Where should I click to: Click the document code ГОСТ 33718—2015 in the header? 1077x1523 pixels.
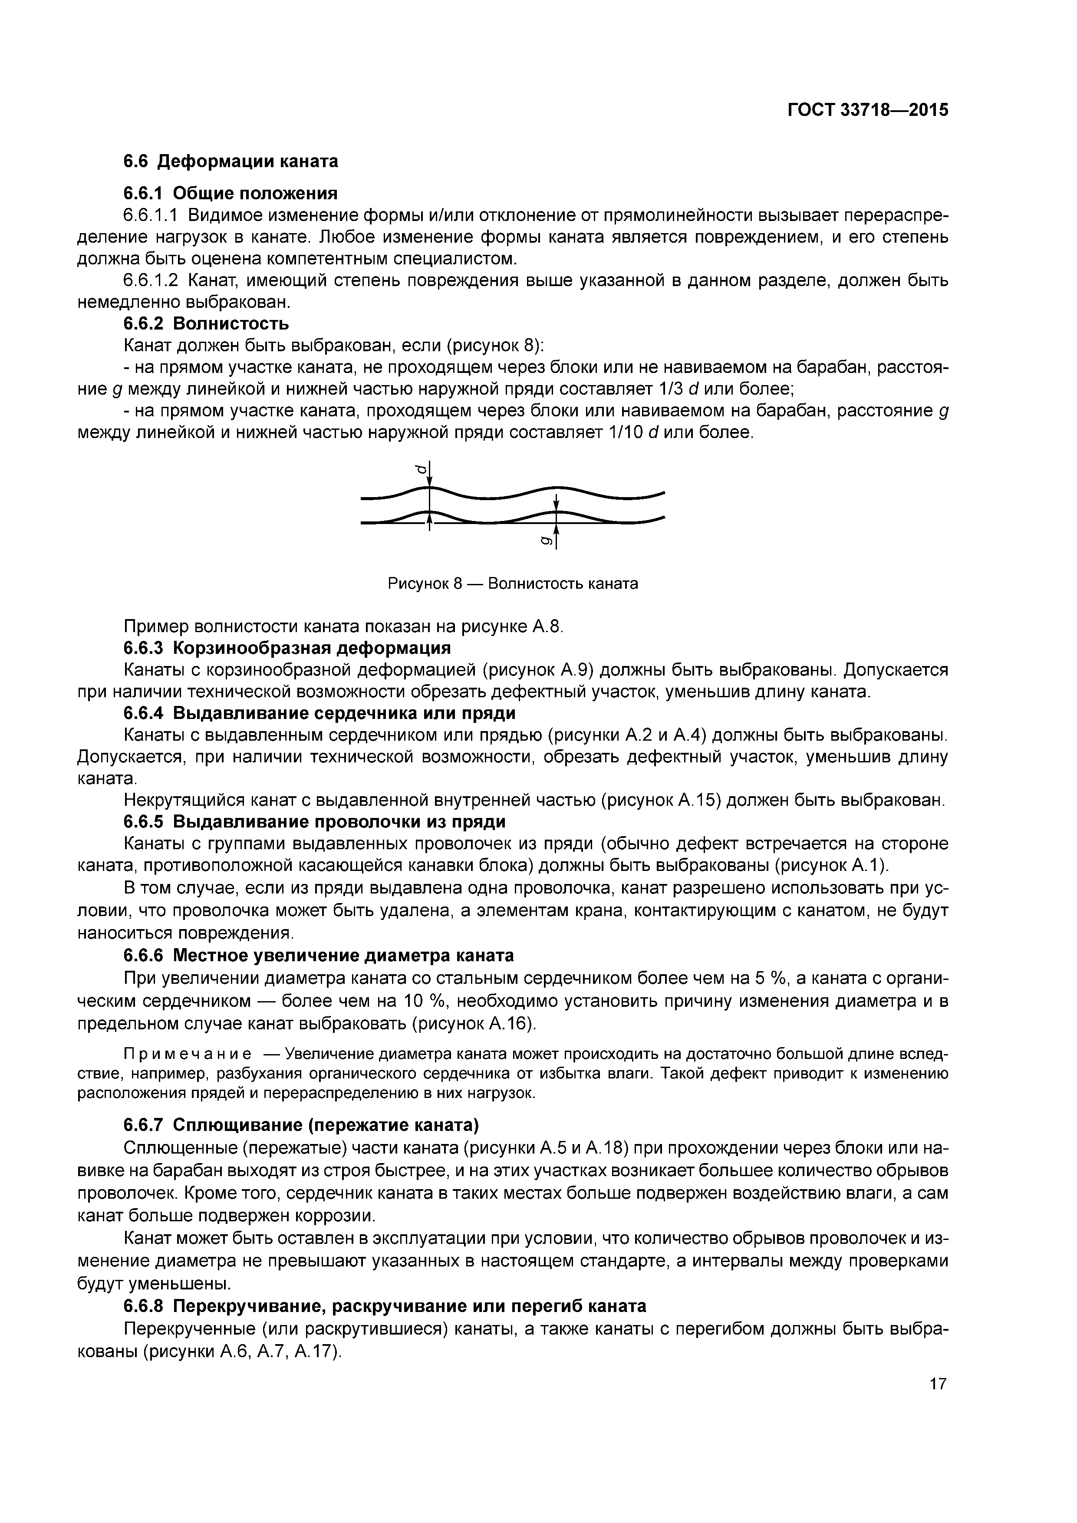tap(867, 110)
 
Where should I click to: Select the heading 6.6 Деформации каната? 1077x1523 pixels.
tap(231, 161)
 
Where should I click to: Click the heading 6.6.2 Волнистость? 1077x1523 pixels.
tap(206, 324)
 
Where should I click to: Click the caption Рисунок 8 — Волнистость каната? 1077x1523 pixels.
tap(513, 584)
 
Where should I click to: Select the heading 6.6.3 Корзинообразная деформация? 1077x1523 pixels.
tap(287, 647)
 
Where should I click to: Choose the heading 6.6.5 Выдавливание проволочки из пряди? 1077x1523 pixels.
tap(314, 822)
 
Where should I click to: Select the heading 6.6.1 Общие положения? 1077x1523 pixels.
tap(231, 193)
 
